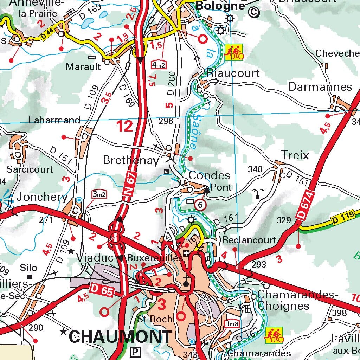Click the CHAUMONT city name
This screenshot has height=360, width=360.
click(x=120, y=337)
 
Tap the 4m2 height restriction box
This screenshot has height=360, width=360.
click(x=159, y=65)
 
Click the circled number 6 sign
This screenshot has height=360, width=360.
click(x=200, y=205)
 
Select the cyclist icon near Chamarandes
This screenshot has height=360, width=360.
click(x=274, y=335)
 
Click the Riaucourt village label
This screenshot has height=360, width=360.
click(x=233, y=73)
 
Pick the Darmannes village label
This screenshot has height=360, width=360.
click(x=320, y=87)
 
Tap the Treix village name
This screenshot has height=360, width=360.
click(x=295, y=155)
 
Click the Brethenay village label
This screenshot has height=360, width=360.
click(x=131, y=161)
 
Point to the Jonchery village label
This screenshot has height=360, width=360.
click(x=41, y=197)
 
